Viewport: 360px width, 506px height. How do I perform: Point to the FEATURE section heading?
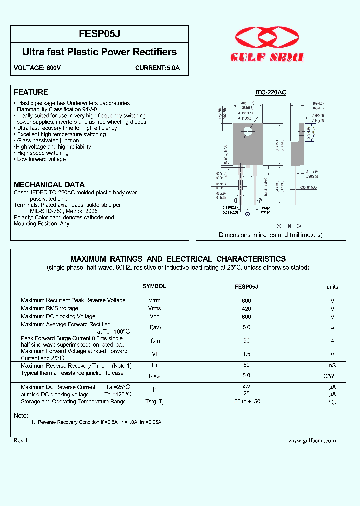(x=31, y=92)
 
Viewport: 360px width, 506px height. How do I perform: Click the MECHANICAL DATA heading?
(x=49, y=184)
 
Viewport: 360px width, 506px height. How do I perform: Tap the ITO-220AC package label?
(x=270, y=93)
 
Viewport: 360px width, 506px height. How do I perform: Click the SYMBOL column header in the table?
(x=154, y=286)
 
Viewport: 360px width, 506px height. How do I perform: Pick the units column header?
(x=332, y=287)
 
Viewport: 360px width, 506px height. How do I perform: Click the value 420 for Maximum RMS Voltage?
(x=246, y=308)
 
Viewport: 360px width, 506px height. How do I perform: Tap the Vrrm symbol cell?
(x=154, y=301)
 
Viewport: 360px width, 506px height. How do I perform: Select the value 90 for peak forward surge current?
(x=246, y=341)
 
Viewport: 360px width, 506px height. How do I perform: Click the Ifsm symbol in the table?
(x=154, y=341)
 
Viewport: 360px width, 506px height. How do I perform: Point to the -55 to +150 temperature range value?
(x=246, y=401)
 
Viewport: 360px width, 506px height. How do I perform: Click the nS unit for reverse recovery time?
(x=332, y=366)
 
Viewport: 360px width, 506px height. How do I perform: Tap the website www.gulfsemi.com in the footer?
(x=312, y=440)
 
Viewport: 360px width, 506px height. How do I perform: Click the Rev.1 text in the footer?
(x=21, y=440)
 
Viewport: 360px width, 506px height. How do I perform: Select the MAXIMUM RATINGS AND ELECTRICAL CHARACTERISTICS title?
(x=178, y=259)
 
